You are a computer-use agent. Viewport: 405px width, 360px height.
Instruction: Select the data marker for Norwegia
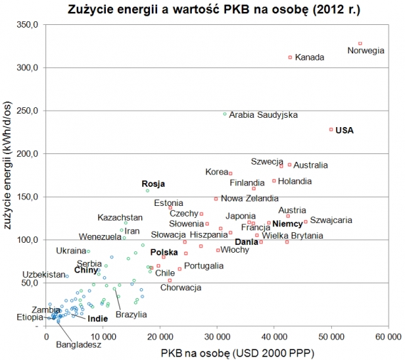coord(360,43)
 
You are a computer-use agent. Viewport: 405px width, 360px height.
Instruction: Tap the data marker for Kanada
coord(290,58)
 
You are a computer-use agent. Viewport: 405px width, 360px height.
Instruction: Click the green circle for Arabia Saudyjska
coord(225,114)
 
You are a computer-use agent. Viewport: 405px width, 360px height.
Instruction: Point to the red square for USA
coord(331,129)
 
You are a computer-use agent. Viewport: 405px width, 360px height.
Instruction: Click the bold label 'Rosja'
coord(153,183)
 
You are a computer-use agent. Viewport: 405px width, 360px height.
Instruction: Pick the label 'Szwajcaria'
coord(331,220)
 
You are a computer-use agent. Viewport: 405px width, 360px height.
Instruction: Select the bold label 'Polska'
coord(164,252)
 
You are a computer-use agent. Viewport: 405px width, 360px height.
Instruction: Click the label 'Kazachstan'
coord(120,217)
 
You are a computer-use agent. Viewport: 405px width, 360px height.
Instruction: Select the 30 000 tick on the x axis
coord(217,336)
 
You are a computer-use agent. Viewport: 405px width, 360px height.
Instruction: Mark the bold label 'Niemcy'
coord(287,224)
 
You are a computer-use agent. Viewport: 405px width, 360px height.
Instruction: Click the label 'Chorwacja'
coord(180,288)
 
